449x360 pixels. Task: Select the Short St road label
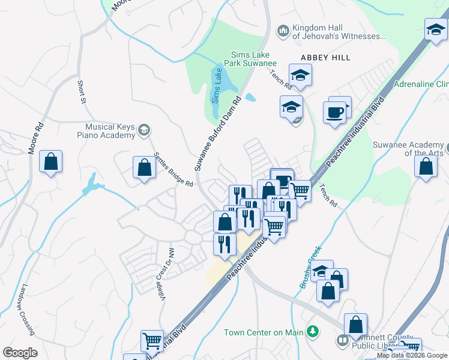pyautogui.click(x=81, y=91)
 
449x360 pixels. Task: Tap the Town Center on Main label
pyautogui.click(x=264, y=332)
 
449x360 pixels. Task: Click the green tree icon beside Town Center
pyautogui.click(x=312, y=331)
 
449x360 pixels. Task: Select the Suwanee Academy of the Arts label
pyautogui.click(x=409, y=149)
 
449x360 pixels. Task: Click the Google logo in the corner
pyautogui.click(x=20, y=353)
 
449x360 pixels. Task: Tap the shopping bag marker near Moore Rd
pyautogui.click(x=51, y=162)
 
